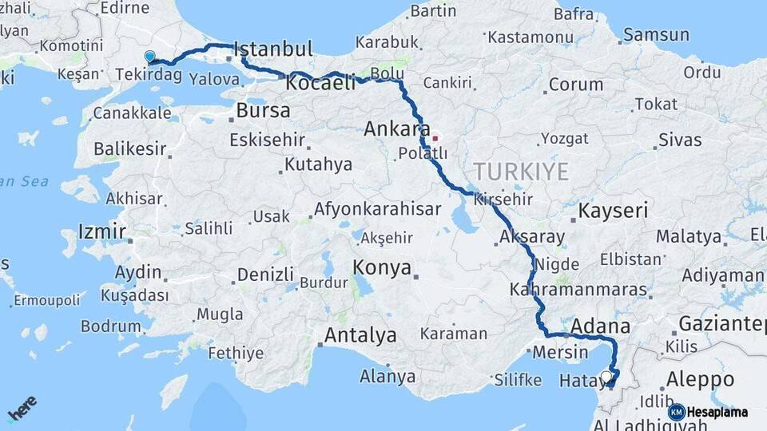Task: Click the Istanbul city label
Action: (x=274, y=49)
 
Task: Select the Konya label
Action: (x=382, y=267)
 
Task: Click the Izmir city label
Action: (x=101, y=232)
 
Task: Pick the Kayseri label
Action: (x=614, y=211)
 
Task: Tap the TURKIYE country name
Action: (x=521, y=172)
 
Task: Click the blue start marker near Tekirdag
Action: (x=149, y=57)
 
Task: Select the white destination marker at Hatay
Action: (x=606, y=376)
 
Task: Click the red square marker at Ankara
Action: (x=435, y=138)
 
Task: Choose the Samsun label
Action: (x=656, y=35)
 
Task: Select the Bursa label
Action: (x=263, y=111)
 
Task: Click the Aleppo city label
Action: (x=699, y=379)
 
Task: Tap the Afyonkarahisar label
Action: (x=377, y=210)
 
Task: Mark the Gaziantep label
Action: (x=721, y=324)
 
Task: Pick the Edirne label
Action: (x=125, y=8)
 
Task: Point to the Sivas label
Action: (x=680, y=140)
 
